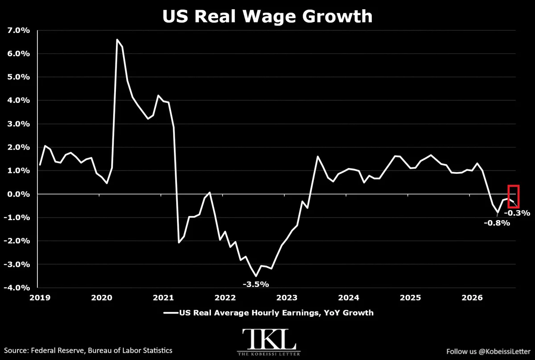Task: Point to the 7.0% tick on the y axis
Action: [x=19, y=31]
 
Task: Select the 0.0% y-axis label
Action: [x=19, y=194]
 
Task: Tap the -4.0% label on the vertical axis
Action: [x=17, y=287]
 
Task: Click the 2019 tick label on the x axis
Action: [x=40, y=298]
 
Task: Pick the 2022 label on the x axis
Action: [x=225, y=298]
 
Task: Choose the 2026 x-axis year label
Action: [x=472, y=298]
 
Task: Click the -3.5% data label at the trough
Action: [x=256, y=284]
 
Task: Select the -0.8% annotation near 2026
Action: [x=497, y=223]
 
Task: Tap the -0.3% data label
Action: [x=517, y=213]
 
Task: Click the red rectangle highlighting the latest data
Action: [x=509, y=197]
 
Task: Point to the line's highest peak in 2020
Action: [x=117, y=39]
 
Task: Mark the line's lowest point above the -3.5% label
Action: [x=256, y=276]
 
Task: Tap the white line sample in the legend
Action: [x=171, y=313]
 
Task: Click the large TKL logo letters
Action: [x=269, y=339]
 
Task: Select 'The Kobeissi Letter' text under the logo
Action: [x=269, y=354]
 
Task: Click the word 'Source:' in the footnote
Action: [x=16, y=351]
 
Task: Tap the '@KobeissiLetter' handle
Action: [x=504, y=352]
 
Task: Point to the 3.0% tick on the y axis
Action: [x=19, y=124]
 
